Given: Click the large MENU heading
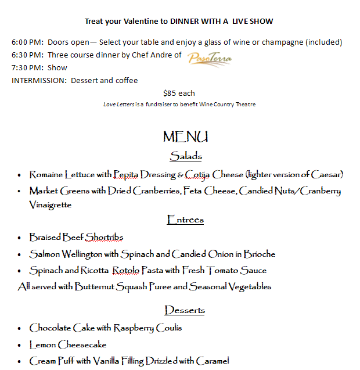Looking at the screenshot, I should click(x=185, y=137).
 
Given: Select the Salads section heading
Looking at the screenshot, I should click(x=186, y=156).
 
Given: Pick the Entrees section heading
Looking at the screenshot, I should click(x=185, y=220).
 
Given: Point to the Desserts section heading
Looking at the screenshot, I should click(x=185, y=310).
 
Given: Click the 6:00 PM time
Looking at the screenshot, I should click(x=27, y=42).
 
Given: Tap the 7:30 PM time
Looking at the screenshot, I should click(x=27, y=68).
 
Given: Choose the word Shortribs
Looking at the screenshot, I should click(x=105, y=237).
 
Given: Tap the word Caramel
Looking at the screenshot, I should click(x=213, y=361).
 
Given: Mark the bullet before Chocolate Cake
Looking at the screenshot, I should click(x=20, y=328).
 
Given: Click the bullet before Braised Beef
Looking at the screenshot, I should click(x=20, y=238).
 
